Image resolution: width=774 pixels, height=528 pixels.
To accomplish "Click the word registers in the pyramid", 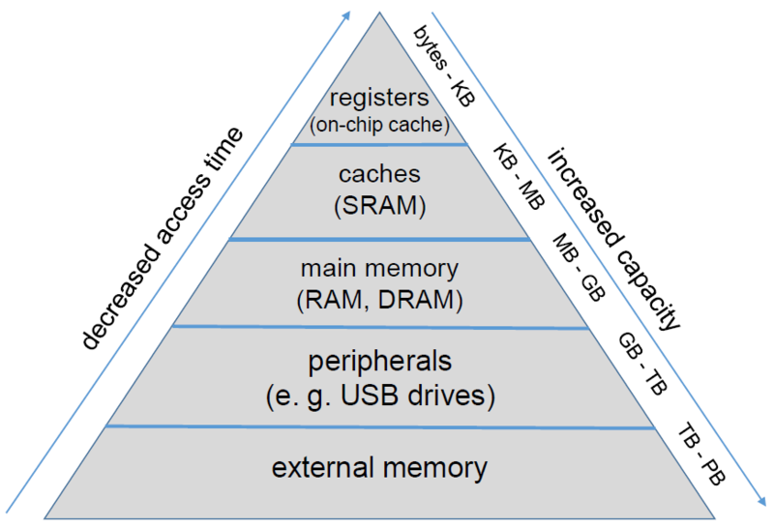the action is point(379,99).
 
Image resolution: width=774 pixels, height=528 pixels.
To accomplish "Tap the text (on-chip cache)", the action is point(379,125).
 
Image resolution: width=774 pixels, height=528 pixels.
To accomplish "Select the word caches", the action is point(379,174).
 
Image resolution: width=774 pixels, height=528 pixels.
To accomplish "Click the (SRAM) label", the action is point(379,205).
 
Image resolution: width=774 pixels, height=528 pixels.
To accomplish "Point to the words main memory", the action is point(379,270).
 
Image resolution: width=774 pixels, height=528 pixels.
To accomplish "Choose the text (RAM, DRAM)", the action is point(379,300).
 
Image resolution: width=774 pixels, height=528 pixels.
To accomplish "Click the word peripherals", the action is point(379,363).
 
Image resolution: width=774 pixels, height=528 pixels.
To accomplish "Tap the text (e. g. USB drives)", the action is point(380,396).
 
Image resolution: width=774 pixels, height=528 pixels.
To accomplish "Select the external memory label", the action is point(379,467).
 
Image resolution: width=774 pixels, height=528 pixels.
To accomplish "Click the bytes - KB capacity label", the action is point(444,66).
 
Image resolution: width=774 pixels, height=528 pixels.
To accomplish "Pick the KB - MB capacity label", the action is point(520,176).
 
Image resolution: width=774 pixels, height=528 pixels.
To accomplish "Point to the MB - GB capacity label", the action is point(579,267).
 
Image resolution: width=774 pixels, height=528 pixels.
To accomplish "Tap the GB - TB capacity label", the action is point(642,364).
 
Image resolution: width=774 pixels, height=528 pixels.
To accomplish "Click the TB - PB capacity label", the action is point(700,454).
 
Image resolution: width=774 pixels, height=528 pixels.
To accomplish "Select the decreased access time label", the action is point(162,239).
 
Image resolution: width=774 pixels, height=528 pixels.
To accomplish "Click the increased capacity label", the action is point(614,239).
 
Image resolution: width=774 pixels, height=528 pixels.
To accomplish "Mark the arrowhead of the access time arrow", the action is point(346,15).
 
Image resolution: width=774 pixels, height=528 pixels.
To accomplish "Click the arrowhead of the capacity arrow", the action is point(761,500).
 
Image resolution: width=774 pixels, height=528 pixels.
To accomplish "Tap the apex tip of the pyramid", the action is point(379,13).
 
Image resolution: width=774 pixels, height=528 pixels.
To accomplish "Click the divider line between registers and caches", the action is point(379,145).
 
